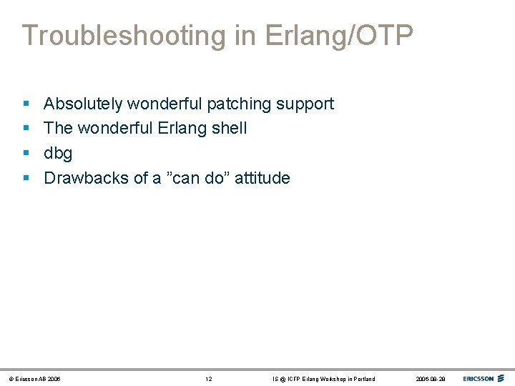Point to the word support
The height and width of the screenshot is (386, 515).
tap(305, 104)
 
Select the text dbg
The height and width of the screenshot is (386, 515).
tap(58, 154)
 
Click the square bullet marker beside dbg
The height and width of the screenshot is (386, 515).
tap(25, 154)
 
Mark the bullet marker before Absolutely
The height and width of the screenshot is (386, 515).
tap(25, 104)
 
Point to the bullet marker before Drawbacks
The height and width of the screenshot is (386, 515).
tap(25, 178)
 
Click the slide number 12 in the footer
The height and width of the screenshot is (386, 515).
tap(208, 379)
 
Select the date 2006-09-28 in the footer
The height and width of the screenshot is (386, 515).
tap(430, 379)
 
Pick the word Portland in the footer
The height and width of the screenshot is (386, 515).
tap(363, 379)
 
